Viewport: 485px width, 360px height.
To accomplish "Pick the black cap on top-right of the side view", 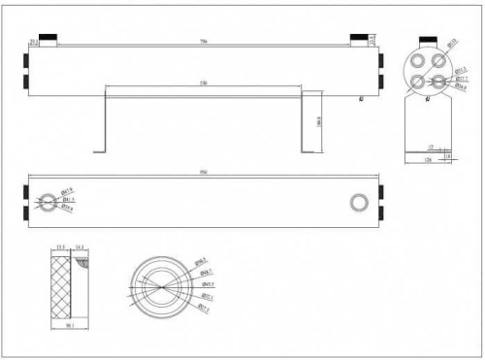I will click(361, 40).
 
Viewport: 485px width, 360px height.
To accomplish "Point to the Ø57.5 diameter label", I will click(207, 311).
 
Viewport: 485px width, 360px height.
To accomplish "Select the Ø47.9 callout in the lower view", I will click(67, 191).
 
